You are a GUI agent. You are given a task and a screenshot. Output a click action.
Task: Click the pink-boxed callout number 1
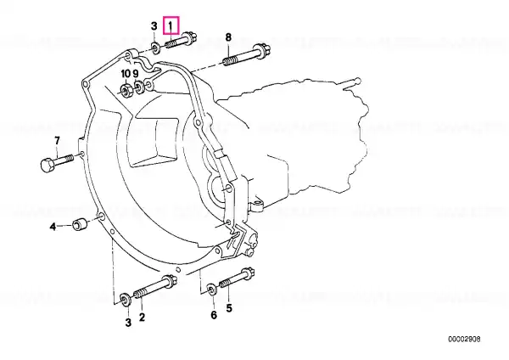[x=171, y=25]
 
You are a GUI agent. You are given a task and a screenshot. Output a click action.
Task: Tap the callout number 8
[x=228, y=37]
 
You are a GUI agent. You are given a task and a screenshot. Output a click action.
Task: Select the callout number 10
[x=126, y=74]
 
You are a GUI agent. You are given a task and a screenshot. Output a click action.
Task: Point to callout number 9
[x=136, y=74]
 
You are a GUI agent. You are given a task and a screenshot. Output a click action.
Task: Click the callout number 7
[x=57, y=141]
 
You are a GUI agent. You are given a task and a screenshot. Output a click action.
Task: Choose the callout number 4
[x=53, y=227]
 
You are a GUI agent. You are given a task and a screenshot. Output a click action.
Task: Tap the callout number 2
[x=142, y=317]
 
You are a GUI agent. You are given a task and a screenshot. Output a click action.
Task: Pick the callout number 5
[x=229, y=307]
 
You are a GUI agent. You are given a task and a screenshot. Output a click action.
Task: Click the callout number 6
[x=214, y=315]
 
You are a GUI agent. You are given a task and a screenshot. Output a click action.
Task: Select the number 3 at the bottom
[x=128, y=323]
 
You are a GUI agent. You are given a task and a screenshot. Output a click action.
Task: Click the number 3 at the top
[x=154, y=26]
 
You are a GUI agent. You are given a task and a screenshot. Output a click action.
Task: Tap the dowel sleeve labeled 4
[x=79, y=224]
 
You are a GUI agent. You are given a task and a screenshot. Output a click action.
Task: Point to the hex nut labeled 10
[x=126, y=90]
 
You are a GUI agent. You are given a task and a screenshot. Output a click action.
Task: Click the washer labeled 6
[x=212, y=289]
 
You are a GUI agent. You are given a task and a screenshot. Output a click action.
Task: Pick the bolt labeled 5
[x=237, y=278]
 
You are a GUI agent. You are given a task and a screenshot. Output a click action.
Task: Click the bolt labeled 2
[x=155, y=287]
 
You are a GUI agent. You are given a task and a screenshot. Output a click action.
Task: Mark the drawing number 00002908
[x=464, y=340]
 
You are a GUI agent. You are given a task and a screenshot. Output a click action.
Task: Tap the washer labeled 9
[x=140, y=87]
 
